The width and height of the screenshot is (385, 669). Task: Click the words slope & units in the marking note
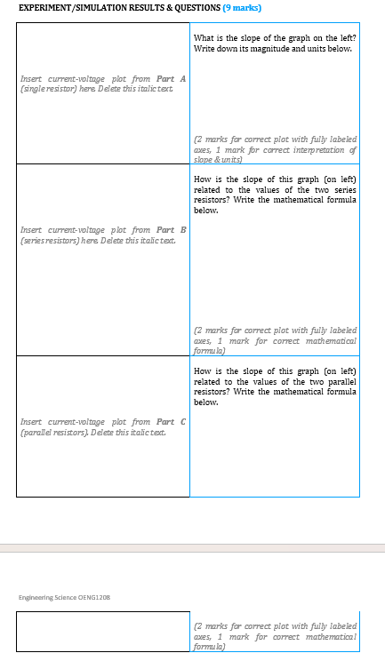coord(217,158)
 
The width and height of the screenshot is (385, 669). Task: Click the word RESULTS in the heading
coord(146,8)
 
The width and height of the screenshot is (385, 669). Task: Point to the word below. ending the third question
coord(205,402)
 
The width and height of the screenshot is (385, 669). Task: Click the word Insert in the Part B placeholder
coord(32,231)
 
